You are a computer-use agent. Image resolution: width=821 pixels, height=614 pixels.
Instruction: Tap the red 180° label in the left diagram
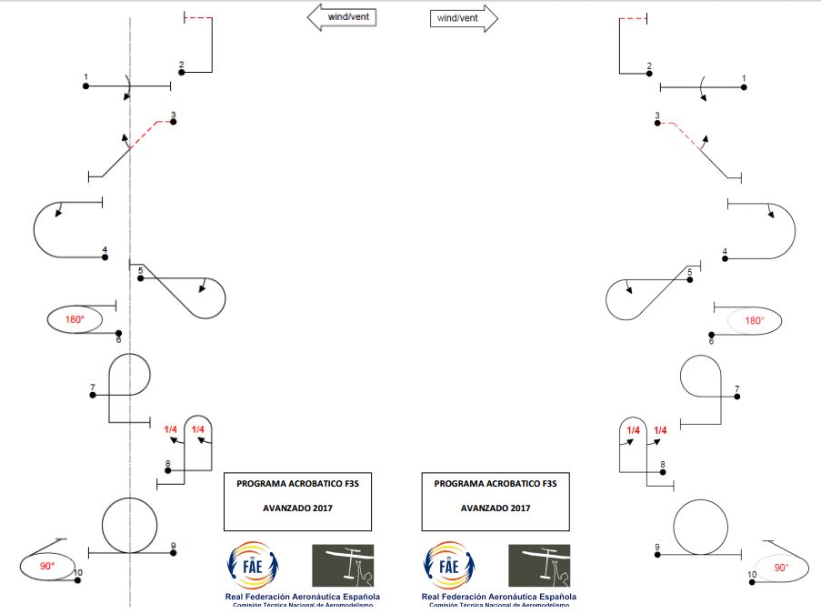pos(75,319)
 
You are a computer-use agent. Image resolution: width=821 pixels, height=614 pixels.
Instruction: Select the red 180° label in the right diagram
pos(754,320)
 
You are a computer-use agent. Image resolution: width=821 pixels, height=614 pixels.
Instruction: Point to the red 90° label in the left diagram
pos(47,565)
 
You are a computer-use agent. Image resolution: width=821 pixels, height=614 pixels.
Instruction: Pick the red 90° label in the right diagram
pos(780,567)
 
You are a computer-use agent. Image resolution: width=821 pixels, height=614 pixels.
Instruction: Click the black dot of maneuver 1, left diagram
pos(85,86)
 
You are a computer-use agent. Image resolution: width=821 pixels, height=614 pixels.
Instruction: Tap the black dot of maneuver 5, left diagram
pos(140,277)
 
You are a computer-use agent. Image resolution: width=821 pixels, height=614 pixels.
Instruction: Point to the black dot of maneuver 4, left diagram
pos(105,257)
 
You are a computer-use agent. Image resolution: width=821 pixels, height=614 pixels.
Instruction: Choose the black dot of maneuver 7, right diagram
pos(737,397)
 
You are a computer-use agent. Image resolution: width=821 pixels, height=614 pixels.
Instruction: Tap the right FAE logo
pos(450,566)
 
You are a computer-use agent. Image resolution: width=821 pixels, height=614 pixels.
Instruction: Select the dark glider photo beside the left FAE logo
pos(342,565)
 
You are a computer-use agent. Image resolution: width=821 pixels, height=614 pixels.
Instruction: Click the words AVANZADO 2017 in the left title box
pos(297,508)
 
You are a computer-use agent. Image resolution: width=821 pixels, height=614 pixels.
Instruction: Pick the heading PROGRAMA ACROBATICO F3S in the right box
pos(495,485)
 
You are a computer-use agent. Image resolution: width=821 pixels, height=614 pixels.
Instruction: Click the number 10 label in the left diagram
pos(77,573)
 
